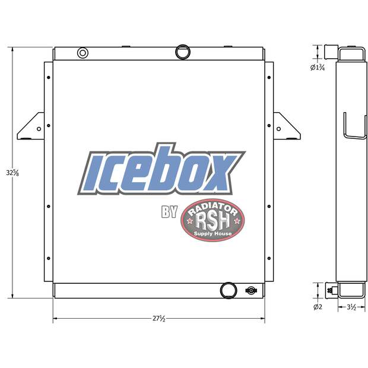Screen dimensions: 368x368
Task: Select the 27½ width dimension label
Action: point(158,319)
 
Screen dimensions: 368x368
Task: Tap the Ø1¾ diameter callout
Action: point(318,68)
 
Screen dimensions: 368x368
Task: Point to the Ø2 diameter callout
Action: point(317,307)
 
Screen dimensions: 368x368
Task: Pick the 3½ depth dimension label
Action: point(351,307)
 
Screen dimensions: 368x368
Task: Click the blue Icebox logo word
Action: point(160,170)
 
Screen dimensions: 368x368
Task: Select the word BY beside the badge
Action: point(169,212)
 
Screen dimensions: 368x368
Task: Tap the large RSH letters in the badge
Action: point(212,221)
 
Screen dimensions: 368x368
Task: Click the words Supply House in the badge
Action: point(212,234)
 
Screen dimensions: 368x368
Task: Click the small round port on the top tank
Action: point(83,53)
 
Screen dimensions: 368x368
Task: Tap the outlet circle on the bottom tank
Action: point(227,290)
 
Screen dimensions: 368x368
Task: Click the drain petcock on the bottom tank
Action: point(251,291)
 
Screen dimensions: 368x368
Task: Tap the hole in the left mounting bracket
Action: point(39,128)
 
